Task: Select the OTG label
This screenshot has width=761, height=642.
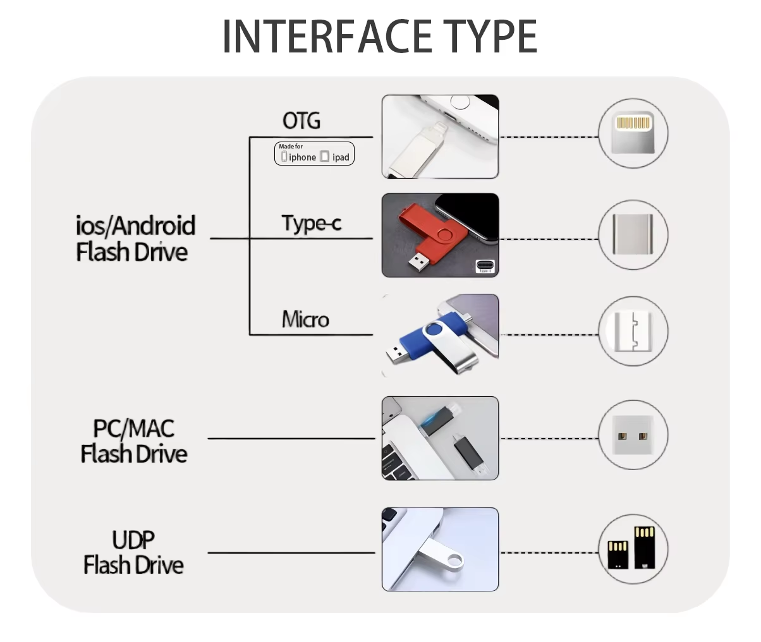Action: [301, 121]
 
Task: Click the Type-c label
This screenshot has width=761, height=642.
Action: [311, 223]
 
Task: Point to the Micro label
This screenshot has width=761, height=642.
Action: [305, 319]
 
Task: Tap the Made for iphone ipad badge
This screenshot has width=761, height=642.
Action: [314, 154]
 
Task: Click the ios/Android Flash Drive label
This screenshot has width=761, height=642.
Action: [135, 238]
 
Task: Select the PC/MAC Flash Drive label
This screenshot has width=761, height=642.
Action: [134, 440]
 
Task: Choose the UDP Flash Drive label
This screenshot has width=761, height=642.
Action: [133, 552]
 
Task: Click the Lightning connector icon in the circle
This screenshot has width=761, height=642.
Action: [633, 133]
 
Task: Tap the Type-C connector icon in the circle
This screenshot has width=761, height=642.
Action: [633, 234]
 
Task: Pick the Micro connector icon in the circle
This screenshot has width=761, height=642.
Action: [633, 330]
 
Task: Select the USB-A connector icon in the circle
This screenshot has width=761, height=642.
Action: [633, 435]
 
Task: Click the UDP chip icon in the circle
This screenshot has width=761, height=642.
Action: [633, 548]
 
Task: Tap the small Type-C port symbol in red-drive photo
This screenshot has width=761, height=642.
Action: [485, 266]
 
